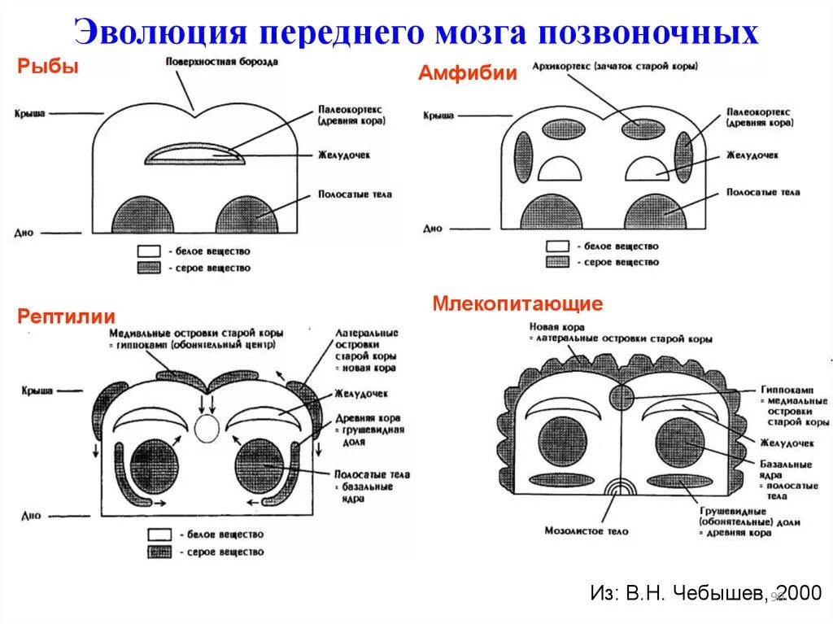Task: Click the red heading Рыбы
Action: (x=48, y=68)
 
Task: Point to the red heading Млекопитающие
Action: (x=517, y=304)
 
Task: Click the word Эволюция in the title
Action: (x=159, y=33)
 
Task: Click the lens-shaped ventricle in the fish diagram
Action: (x=195, y=154)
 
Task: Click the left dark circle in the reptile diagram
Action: (x=153, y=463)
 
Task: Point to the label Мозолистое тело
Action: (x=587, y=530)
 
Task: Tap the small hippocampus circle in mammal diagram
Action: (x=621, y=397)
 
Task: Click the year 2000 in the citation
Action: (x=797, y=593)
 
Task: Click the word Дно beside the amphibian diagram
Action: (x=433, y=229)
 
